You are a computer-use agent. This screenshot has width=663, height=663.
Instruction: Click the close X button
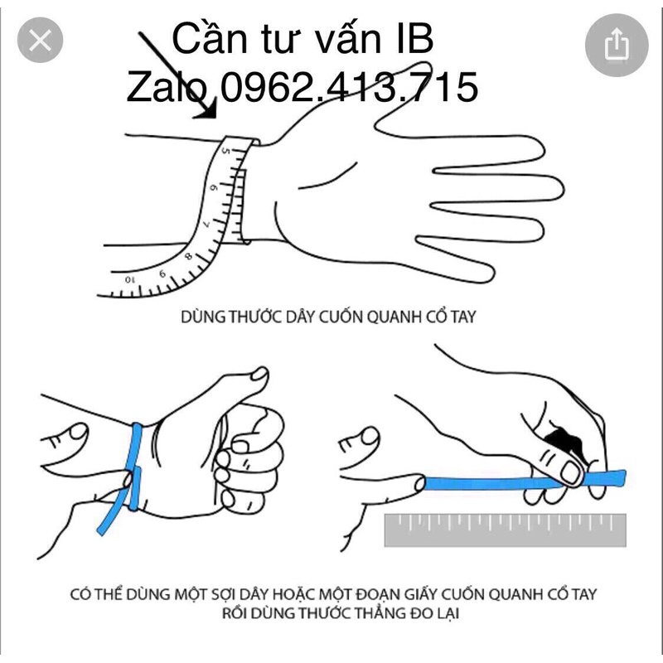pos(40,40)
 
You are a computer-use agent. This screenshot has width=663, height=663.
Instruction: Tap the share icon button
pos(616,46)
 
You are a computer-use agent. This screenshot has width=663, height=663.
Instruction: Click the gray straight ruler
pos(505,530)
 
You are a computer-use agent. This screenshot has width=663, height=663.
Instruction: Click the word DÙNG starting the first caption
pos(202,317)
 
